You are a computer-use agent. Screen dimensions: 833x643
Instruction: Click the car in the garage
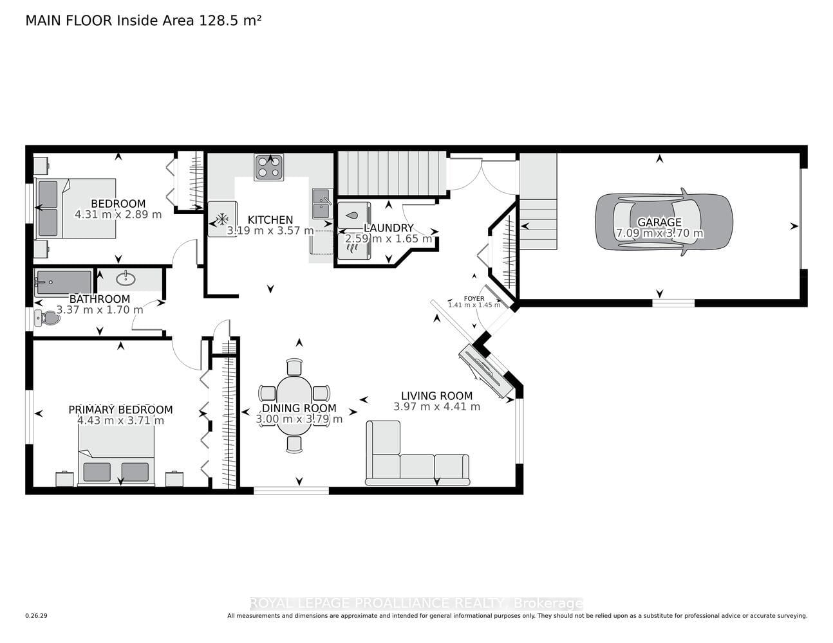pyautogui.click(x=664, y=222)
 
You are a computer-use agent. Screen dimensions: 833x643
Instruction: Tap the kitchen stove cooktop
pyautogui.click(x=268, y=167)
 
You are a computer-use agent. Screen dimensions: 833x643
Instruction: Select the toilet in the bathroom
pyautogui.click(x=47, y=318)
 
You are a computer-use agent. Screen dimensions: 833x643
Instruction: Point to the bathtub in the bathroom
pyautogui.click(x=64, y=283)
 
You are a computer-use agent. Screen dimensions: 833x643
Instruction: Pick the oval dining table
pyautogui.click(x=294, y=406)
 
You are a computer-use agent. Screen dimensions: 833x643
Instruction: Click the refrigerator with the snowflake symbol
pyautogui.click(x=222, y=219)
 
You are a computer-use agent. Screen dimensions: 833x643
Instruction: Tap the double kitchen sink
pyautogui.click(x=322, y=203)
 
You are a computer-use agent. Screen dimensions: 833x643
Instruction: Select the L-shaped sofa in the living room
pyautogui.click(x=417, y=453)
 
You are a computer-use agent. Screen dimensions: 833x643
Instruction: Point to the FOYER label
pyautogui.click(x=474, y=298)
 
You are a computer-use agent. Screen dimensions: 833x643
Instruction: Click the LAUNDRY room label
pyautogui.click(x=388, y=228)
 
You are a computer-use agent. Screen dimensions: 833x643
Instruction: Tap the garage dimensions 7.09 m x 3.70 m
pyautogui.click(x=659, y=233)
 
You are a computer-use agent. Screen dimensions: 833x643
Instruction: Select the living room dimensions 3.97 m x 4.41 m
pyautogui.click(x=436, y=406)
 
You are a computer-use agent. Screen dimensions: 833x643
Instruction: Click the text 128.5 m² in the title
pyautogui.click(x=230, y=21)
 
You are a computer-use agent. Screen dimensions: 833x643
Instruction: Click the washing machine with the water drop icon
pyautogui.click(x=354, y=216)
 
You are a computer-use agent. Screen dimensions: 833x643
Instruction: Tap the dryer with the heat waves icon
pyautogui.click(x=354, y=246)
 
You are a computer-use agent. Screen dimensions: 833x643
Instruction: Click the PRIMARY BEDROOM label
pyautogui.click(x=120, y=410)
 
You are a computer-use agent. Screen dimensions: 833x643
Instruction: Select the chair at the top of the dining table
pyautogui.click(x=294, y=367)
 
